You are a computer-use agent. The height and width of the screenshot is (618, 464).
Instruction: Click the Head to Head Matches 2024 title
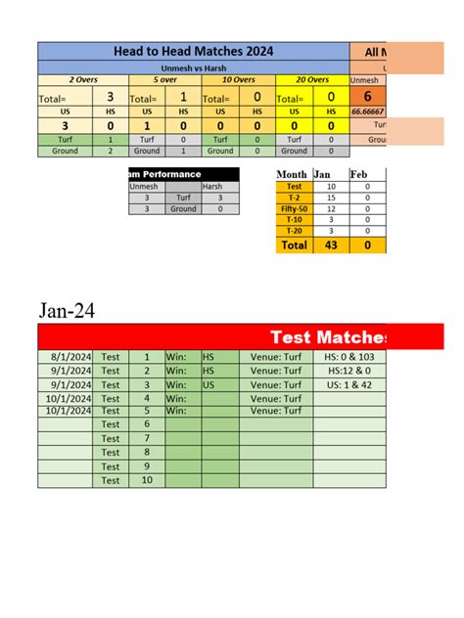tap(193, 51)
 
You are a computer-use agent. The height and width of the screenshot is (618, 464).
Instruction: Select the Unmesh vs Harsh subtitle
tap(193, 68)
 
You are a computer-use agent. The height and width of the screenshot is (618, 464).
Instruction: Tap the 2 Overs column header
tap(73, 79)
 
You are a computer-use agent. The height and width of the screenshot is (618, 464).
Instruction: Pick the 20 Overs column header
tap(312, 79)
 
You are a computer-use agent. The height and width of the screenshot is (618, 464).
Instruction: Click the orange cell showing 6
tap(367, 97)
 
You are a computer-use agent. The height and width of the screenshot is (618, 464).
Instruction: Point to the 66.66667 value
tap(368, 112)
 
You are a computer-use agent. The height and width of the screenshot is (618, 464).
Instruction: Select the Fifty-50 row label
tap(294, 209)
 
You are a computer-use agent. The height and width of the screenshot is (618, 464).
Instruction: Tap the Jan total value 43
tap(331, 245)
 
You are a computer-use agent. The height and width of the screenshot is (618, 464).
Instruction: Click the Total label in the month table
tap(294, 245)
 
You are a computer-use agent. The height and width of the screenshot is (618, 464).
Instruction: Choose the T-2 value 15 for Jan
tap(331, 198)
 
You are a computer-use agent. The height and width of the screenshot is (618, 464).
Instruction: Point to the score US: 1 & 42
tap(349, 385)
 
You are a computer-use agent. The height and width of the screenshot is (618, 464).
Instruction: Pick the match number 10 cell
tap(147, 480)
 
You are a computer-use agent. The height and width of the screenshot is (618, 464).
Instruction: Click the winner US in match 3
tap(209, 385)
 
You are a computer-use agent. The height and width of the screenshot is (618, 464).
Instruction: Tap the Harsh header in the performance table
tap(212, 186)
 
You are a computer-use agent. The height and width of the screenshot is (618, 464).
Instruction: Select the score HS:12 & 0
tap(349, 372)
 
